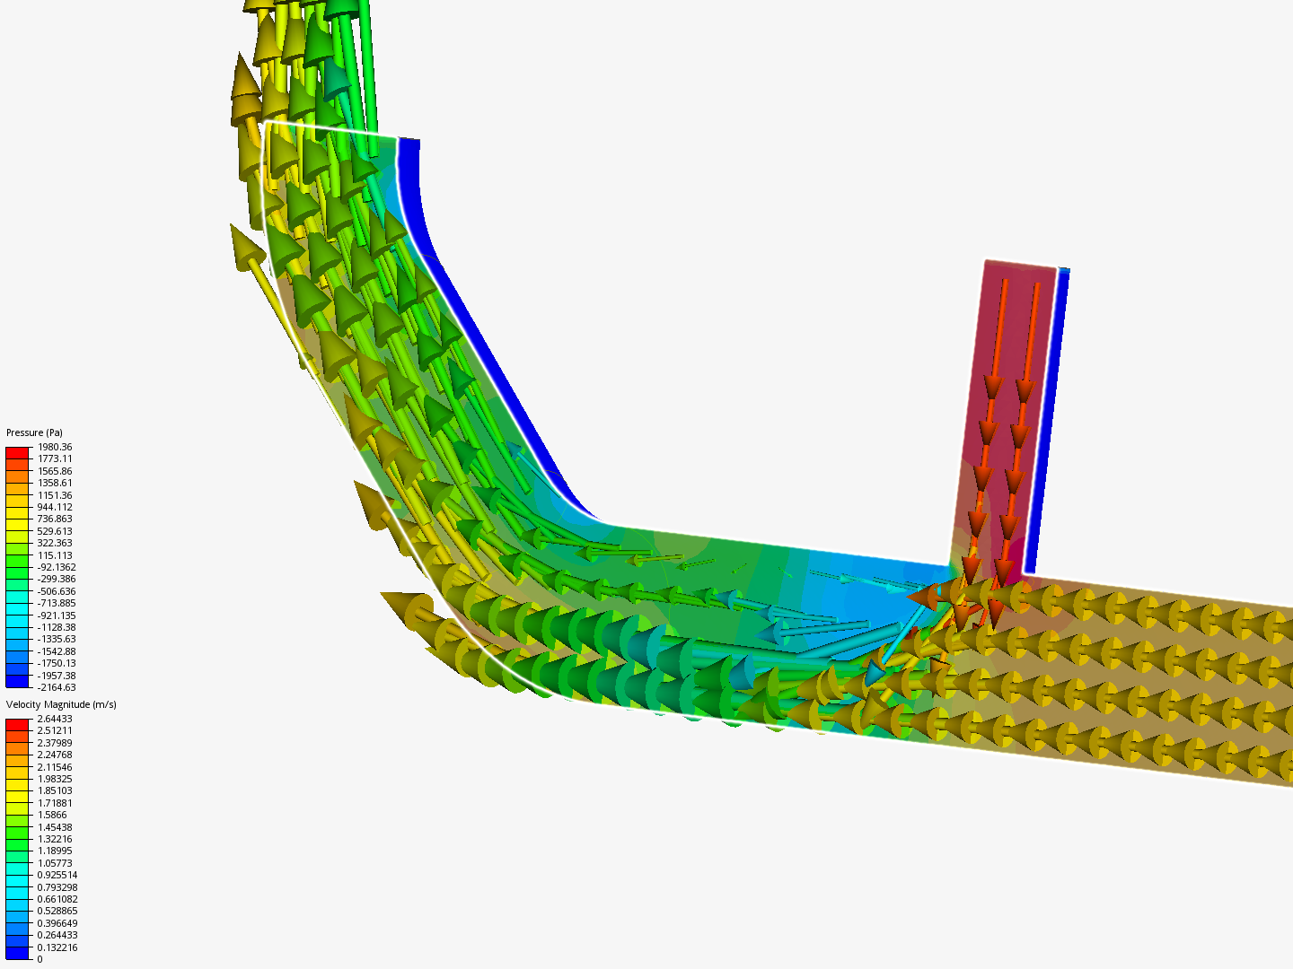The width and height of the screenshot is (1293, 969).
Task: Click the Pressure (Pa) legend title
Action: pyautogui.click(x=34, y=432)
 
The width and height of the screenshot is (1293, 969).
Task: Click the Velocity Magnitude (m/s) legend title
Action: pyautogui.click(x=61, y=704)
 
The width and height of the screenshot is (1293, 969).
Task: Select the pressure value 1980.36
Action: pyautogui.click(x=55, y=447)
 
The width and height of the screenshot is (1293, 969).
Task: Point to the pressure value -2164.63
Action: pyautogui.click(x=57, y=687)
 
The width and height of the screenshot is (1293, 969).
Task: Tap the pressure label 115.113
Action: pyautogui.click(x=55, y=555)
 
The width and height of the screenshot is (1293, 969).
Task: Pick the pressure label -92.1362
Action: pyautogui.click(x=57, y=567)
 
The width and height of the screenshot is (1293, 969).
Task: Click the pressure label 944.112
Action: pyautogui.click(x=55, y=507)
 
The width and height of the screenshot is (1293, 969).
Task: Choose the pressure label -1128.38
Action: pyautogui.click(x=57, y=627)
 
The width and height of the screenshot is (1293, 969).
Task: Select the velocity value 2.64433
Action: pyautogui.click(x=55, y=719)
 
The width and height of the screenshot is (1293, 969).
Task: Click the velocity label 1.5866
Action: pyautogui.click(x=52, y=815)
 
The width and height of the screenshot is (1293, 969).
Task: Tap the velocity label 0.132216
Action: pyautogui.click(x=57, y=947)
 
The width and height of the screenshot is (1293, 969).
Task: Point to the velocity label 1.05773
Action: pyautogui.click(x=55, y=863)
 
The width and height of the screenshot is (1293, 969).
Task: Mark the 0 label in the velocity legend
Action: pyautogui.click(x=40, y=959)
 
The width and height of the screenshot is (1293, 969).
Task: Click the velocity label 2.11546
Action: pyautogui.click(x=55, y=767)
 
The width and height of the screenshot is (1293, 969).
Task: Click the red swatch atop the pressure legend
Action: pyautogui.click(x=17, y=452)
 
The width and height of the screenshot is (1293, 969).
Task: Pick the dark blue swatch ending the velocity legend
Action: pyautogui.click(x=17, y=954)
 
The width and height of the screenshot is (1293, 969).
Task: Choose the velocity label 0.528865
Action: pyautogui.click(x=57, y=911)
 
